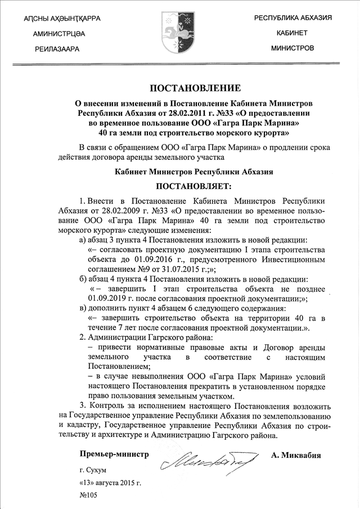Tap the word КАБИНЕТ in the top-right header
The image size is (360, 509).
[292, 33]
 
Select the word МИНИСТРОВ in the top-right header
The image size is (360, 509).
[292, 48]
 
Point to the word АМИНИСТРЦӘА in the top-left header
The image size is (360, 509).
[60, 34]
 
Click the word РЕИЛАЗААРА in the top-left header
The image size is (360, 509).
[57, 49]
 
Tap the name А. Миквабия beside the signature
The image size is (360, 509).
[296, 455]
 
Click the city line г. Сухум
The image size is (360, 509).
[93, 470]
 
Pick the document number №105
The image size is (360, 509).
[90, 496]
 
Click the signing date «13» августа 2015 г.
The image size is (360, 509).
[110, 483]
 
